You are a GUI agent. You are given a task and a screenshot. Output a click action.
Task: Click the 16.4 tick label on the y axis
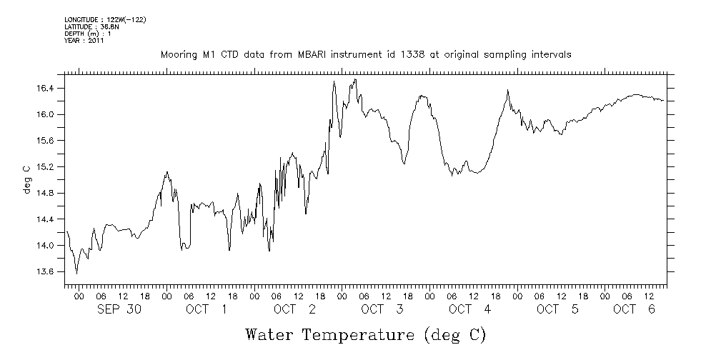[x=45, y=89]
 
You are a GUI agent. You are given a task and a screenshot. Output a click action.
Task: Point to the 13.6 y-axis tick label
[x=45, y=272]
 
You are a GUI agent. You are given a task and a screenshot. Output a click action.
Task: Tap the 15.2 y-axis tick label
[x=45, y=167]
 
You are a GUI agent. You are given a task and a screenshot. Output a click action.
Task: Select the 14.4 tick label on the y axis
[x=45, y=219]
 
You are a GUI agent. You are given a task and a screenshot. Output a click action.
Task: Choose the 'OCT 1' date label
[x=206, y=309]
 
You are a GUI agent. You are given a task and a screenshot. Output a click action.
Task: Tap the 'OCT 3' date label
[x=382, y=309]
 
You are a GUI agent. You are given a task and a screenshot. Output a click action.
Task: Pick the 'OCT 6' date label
[x=634, y=309]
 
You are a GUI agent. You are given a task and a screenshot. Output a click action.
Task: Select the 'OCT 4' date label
[x=469, y=309]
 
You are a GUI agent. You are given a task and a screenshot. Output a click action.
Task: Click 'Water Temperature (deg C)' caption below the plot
[x=365, y=334]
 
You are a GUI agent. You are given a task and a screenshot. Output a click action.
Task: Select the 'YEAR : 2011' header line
[x=85, y=41]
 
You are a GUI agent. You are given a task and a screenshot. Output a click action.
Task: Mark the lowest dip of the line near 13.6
[x=76, y=274]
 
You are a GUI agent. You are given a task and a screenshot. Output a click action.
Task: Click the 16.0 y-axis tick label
[x=45, y=115]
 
